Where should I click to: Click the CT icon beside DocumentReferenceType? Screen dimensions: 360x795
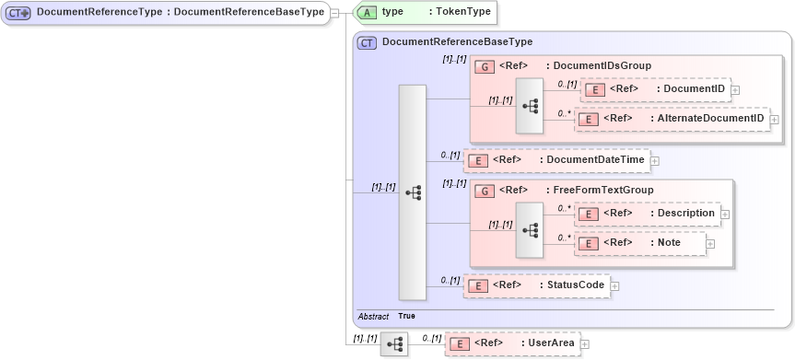coord(18,12)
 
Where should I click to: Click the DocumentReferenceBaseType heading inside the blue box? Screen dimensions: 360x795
coord(457,42)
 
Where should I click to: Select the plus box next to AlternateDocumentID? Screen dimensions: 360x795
coord(774,119)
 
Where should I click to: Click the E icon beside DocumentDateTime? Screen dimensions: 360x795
coord(478,160)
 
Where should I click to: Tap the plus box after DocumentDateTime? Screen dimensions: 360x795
coord(655,160)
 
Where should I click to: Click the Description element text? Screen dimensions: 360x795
coord(686,213)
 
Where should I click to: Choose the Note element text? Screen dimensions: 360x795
coord(669,242)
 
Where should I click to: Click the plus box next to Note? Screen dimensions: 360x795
coord(711,243)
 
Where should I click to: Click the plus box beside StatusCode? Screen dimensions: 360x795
coord(614,285)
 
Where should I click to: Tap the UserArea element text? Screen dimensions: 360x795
coord(551,343)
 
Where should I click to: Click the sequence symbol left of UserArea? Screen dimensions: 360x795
coord(395,344)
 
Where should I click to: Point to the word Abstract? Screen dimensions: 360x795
coord(373,316)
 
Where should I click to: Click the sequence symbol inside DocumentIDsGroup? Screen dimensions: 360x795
coord(529,105)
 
